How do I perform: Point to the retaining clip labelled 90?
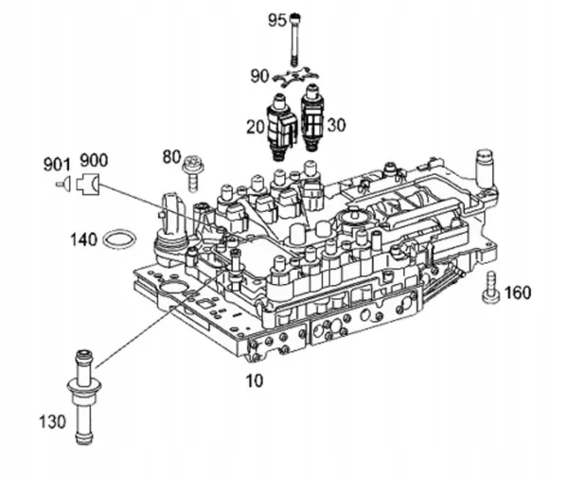295,81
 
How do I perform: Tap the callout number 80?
171,155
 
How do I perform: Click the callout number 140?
84,240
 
